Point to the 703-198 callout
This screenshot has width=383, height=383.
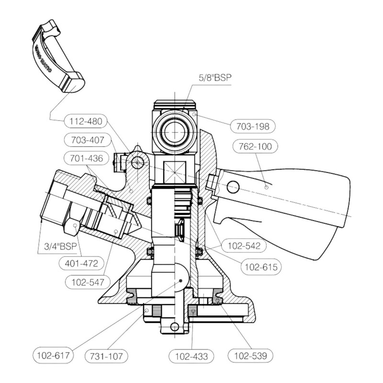pyautogui.click(x=253, y=126)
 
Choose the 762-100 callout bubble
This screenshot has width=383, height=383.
pyautogui.click(x=252, y=147)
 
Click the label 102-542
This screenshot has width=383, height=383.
pyautogui.click(x=245, y=247)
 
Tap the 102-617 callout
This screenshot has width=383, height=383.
pyautogui.click(x=53, y=356)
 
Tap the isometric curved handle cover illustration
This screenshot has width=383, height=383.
pyautogui.click(x=57, y=57)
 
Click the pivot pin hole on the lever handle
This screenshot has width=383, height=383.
pyautogui.click(x=233, y=186)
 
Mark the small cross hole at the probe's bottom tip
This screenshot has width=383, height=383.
pyautogui.click(x=175, y=327)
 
